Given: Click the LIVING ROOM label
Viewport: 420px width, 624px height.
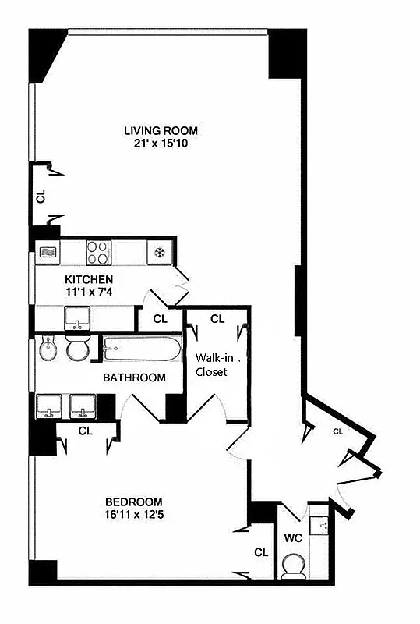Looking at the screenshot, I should [161, 130].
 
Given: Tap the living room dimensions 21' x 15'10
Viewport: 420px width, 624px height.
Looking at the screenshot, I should [161, 144].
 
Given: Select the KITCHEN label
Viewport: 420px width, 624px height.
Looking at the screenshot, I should [89, 279].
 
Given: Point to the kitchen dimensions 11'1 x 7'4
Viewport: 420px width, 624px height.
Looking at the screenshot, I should [89, 292].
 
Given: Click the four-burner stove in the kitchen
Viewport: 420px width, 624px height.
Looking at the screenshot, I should [97, 252].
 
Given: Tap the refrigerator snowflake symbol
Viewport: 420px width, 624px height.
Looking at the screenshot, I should [158, 252].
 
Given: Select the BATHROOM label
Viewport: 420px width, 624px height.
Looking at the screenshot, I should [135, 378].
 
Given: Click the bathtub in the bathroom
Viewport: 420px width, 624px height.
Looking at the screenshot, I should [142, 349].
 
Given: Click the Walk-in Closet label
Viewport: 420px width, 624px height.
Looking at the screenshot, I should [211, 365].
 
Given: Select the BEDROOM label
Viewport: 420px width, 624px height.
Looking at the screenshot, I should [134, 502].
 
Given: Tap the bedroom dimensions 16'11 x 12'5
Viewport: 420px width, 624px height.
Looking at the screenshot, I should [134, 515].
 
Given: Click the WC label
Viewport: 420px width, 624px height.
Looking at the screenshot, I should [293, 538].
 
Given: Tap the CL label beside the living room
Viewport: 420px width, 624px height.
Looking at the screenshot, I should [41, 196].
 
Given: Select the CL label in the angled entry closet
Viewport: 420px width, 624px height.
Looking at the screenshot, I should [338, 431].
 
